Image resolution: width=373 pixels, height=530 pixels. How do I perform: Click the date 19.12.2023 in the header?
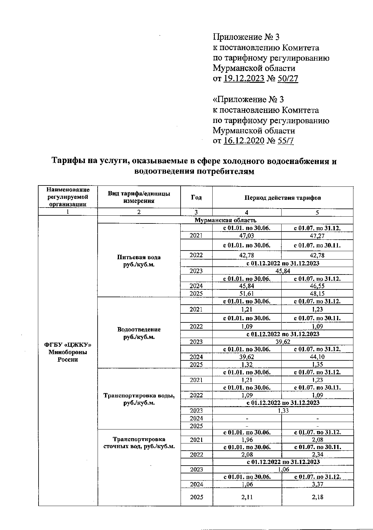244,78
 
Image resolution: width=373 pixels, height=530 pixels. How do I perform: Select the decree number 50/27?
288,78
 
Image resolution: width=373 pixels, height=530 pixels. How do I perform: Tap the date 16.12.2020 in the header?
244,141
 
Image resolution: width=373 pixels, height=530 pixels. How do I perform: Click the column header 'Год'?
196,198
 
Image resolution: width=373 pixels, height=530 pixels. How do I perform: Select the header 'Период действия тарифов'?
283,198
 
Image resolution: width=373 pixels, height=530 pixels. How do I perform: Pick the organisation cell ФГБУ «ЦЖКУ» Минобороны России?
68,352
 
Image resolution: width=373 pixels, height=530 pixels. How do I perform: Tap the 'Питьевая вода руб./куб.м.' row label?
139,261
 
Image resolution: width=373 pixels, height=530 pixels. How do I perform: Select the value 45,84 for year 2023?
283,271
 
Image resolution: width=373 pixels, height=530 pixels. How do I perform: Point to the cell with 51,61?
247,293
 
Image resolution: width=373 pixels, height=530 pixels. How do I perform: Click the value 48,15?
317,293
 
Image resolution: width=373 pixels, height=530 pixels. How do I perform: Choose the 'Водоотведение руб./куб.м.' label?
139,333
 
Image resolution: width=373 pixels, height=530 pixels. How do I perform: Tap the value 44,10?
317,357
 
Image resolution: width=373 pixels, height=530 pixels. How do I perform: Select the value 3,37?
317,484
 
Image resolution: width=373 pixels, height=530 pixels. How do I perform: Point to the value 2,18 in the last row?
317,497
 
